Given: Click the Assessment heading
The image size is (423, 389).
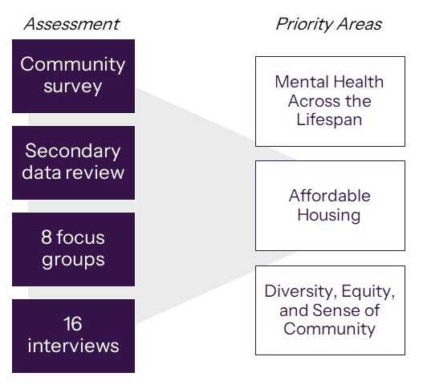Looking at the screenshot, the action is click(x=71, y=24).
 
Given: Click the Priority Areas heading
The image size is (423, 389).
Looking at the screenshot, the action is click(x=329, y=24).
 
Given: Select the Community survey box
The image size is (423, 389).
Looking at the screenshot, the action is click(x=73, y=76).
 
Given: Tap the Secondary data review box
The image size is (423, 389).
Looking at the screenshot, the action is click(x=73, y=163).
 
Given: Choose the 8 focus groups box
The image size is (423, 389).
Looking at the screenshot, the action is click(x=73, y=249).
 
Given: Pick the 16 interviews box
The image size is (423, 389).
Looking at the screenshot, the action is click(x=73, y=336).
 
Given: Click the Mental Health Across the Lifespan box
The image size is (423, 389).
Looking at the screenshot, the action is click(x=330, y=101).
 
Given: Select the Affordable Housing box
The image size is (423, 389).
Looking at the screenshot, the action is click(x=330, y=205).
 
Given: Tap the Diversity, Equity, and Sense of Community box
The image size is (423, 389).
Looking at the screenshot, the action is click(x=330, y=310).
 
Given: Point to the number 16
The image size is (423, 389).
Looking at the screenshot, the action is click(x=73, y=324).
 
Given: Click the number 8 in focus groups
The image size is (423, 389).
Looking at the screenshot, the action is click(x=46, y=237).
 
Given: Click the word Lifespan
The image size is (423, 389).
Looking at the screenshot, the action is click(x=329, y=120).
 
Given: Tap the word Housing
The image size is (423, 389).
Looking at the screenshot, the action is click(x=329, y=215).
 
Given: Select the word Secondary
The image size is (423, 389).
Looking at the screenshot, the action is click(x=73, y=151).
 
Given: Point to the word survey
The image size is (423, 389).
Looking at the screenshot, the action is click(x=73, y=87).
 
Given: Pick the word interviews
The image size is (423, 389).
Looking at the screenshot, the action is click(x=73, y=346).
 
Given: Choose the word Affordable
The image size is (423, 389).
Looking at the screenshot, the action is click(x=330, y=196).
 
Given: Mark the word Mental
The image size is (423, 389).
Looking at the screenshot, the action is click(x=302, y=82).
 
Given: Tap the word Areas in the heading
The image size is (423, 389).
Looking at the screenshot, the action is click(x=359, y=24).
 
